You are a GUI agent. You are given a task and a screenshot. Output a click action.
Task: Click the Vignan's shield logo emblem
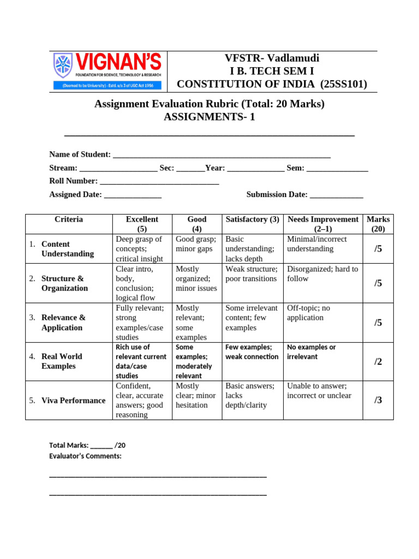(x=63, y=65)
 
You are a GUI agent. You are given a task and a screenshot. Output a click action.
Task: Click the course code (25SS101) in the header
(x=344, y=84)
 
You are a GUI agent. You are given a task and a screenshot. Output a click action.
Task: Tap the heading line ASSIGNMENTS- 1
(x=209, y=117)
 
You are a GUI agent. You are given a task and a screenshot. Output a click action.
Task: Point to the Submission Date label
(x=277, y=194)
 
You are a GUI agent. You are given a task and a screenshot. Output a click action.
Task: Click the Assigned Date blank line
(x=133, y=195)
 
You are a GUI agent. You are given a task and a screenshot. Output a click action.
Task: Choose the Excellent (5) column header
(x=142, y=224)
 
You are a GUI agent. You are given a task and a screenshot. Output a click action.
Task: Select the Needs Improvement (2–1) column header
(x=323, y=224)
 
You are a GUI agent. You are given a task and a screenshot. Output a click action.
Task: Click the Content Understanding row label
(x=67, y=249)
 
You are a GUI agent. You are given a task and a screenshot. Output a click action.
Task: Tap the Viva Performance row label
(x=73, y=401)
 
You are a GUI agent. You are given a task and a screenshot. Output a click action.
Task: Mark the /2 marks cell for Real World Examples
(x=378, y=361)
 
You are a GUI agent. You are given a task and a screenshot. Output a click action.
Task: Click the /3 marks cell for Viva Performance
(x=378, y=400)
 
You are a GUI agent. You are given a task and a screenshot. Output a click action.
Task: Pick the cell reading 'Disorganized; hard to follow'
(x=322, y=274)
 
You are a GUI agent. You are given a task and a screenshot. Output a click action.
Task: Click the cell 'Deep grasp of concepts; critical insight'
(x=141, y=249)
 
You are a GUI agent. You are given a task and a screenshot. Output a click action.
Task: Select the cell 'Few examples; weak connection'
(x=252, y=352)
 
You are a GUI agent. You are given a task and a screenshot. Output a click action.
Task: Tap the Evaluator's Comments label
(x=86, y=456)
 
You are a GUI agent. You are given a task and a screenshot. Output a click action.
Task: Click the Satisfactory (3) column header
(x=252, y=219)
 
